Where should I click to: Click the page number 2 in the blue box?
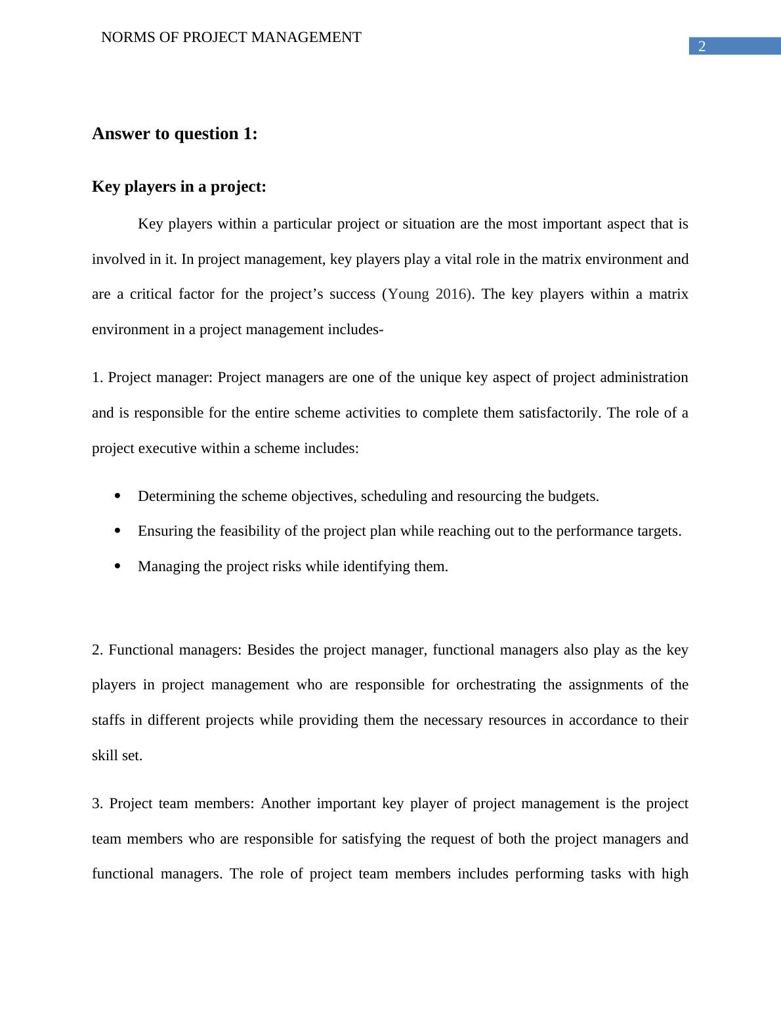[x=702, y=47]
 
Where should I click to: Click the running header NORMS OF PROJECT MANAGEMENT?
[x=231, y=37]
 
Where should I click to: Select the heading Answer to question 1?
[x=175, y=134]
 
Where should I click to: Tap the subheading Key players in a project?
[x=179, y=187]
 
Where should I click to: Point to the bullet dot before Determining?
[x=118, y=496]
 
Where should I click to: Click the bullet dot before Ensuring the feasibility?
[x=118, y=531]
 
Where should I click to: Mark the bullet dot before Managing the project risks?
[x=118, y=567]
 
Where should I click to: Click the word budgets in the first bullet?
[x=574, y=496]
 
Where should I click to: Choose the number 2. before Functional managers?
[x=97, y=650]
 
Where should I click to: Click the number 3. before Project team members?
[x=97, y=804]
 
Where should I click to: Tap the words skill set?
[x=117, y=756]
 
